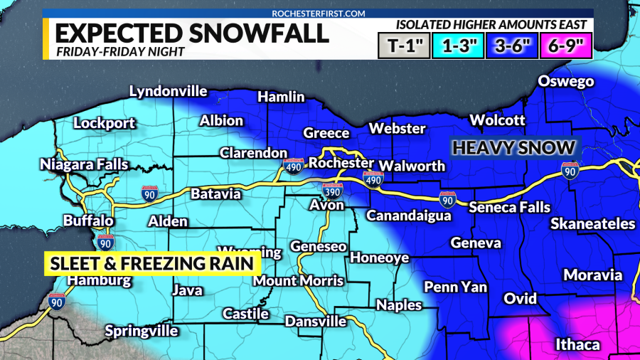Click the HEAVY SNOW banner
pos(513,148)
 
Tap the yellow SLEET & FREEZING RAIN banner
pos(151,264)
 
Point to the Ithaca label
pos(578,345)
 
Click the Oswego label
pos(565,81)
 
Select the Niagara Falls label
pos(84,165)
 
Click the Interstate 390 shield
pos(331,190)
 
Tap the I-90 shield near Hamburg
pos(58,302)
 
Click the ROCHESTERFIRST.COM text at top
pos(318,13)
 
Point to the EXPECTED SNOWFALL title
pos(192,33)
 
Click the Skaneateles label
pos(592,224)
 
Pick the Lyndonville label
pos(168,91)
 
